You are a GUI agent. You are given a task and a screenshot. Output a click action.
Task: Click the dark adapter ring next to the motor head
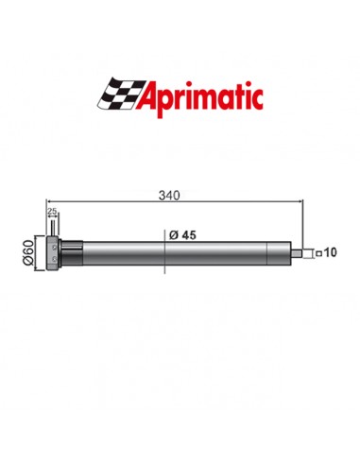click(x=74, y=252)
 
